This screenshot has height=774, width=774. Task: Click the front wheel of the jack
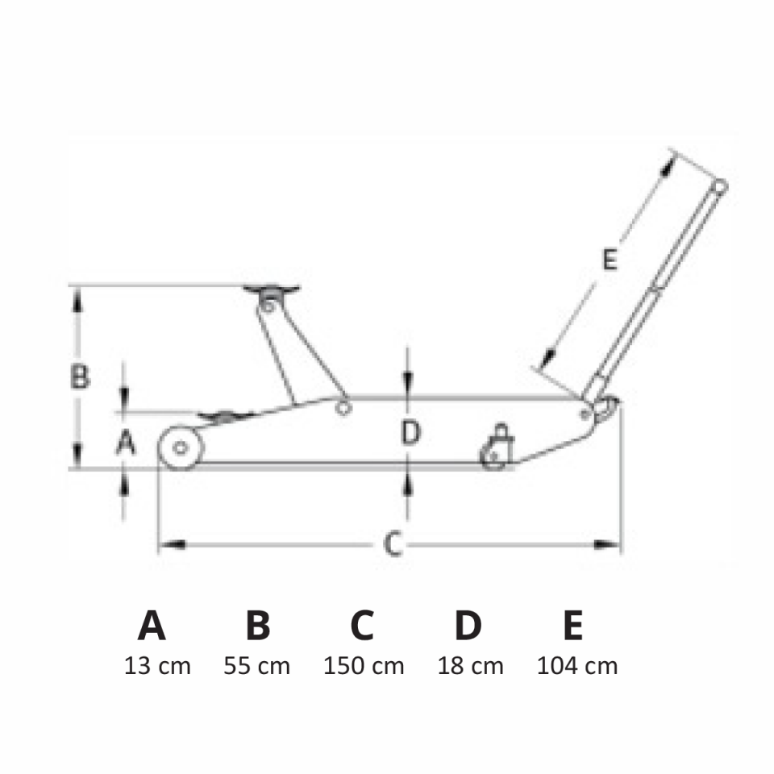[181, 447]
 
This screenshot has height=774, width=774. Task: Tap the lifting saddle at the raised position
[271, 289]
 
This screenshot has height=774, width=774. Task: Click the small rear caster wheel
[493, 457]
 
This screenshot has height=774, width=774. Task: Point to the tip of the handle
[720, 186]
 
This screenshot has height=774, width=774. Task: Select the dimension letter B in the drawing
[80, 377]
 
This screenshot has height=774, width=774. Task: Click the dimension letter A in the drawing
[126, 442]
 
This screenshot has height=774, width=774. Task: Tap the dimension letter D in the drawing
[410, 432]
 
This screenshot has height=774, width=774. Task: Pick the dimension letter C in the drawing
[393, 544]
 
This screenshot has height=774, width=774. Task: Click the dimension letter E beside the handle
[610, 260]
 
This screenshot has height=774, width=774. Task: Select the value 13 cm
[157, 666]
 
